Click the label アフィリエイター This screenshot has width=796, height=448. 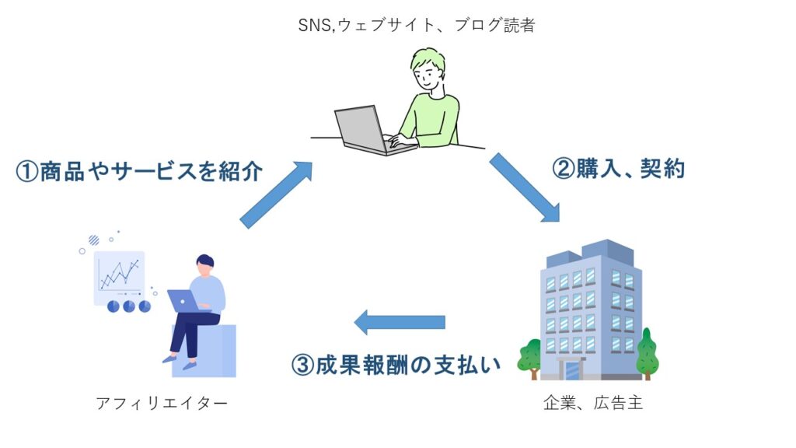pos(162,404)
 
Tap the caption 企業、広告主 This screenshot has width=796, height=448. pos(593,404)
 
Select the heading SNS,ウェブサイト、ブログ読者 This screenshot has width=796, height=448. pos(417,25)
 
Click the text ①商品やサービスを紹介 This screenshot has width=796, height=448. pos(139,171)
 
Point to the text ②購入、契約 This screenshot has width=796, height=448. pos(618,169)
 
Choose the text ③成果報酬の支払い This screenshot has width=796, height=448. pos(396,365)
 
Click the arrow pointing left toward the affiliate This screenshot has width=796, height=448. pos(400,322)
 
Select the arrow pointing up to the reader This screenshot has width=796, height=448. pos(276,194)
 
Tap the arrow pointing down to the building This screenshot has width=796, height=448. pos(525,187)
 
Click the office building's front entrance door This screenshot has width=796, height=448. pos(571,369)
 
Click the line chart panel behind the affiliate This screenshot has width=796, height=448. pos(120,278)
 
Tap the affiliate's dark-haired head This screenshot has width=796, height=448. pos(204,264)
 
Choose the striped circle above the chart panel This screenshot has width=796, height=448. pos(94,240)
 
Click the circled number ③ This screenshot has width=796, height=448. pos(303,366)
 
